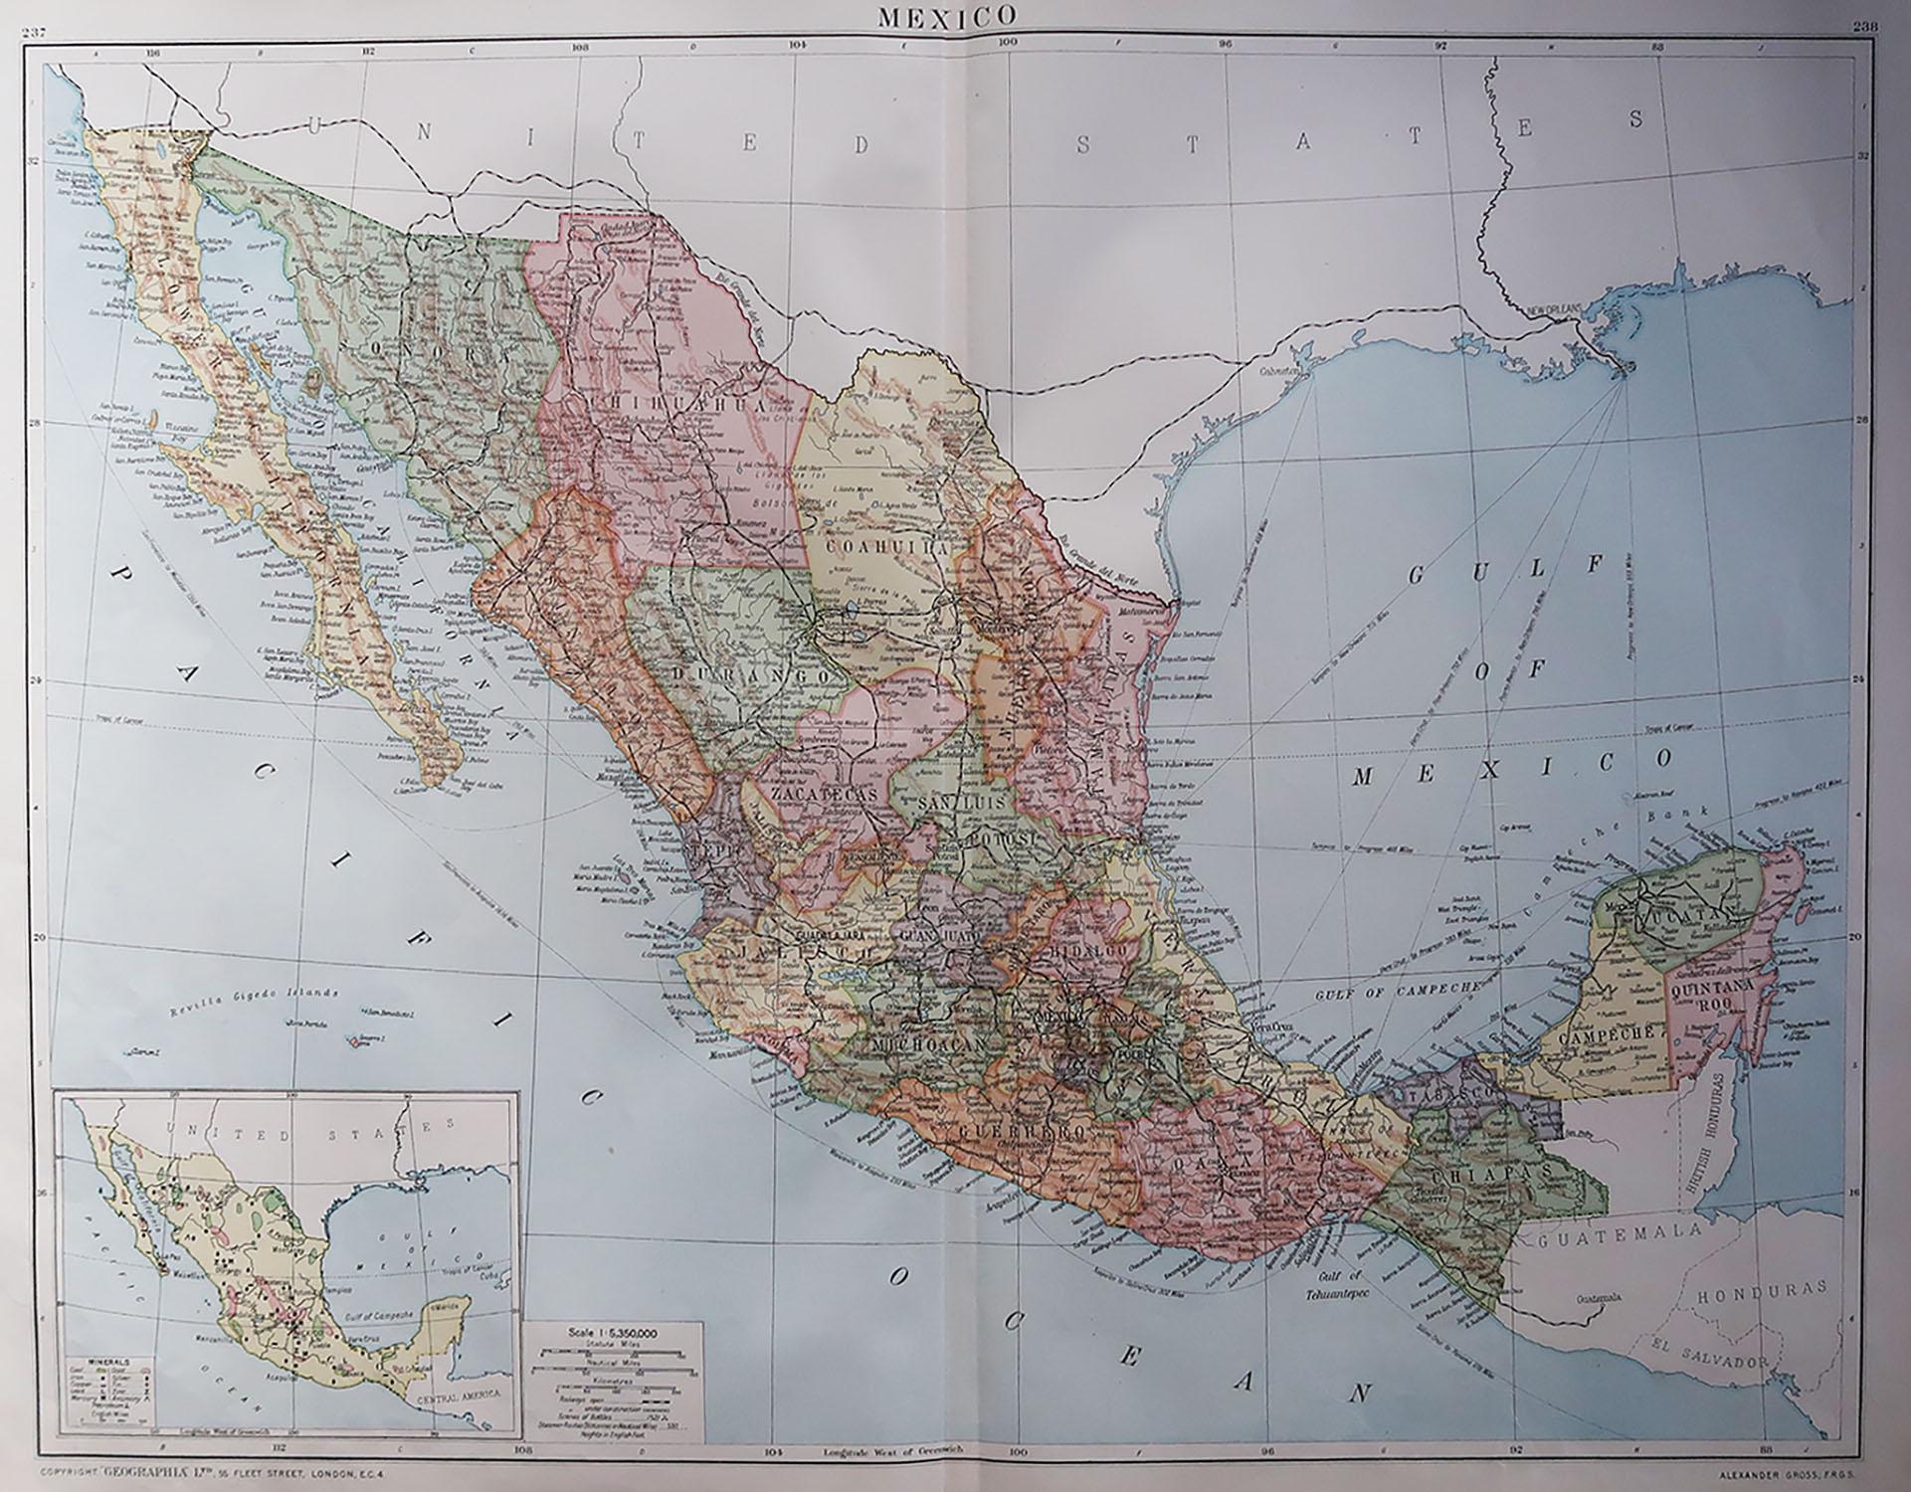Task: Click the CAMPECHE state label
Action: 1598,1036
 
